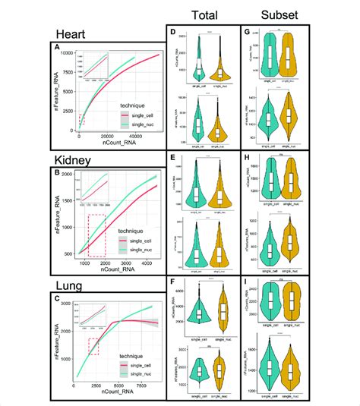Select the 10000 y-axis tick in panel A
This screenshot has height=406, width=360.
(69, 53)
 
